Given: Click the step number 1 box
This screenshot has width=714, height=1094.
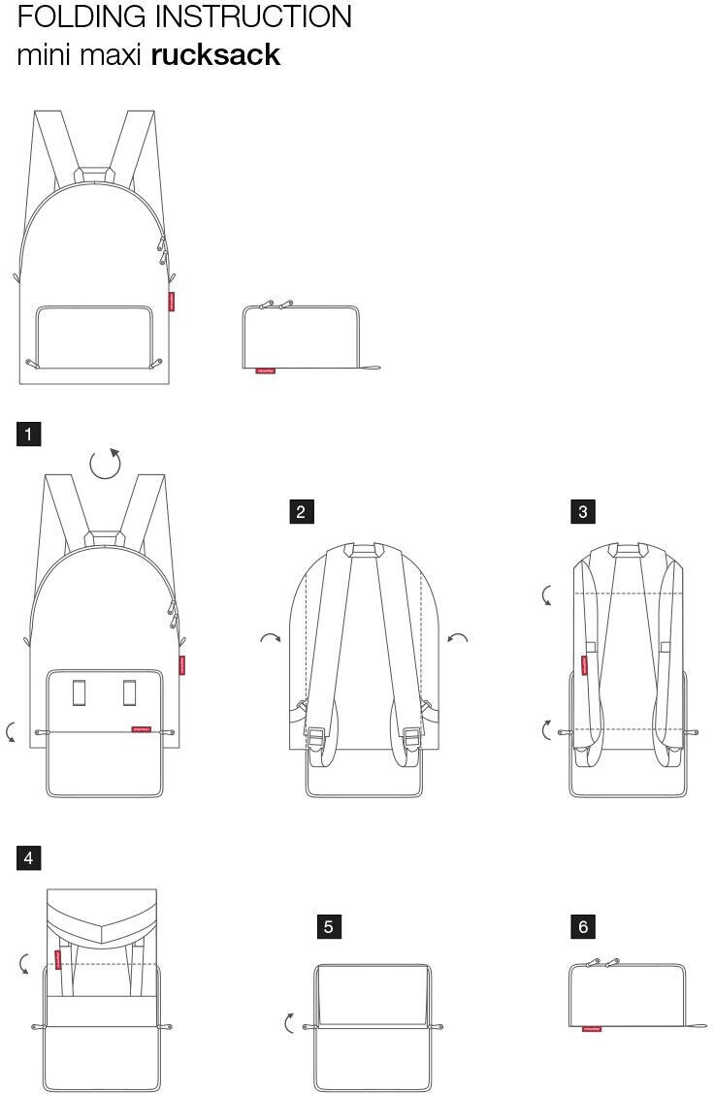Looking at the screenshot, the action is click(28, 434).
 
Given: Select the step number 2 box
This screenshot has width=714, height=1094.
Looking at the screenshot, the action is click(301, 512).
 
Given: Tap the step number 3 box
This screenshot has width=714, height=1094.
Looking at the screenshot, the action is click(582, 512).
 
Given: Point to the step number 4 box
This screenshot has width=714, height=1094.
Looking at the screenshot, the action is click(28, 857).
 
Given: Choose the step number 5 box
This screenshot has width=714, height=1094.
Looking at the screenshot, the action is click(328, 927).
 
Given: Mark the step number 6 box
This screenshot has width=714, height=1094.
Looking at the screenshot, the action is click(582, 927).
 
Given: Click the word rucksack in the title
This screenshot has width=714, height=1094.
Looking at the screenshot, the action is click(215, 55).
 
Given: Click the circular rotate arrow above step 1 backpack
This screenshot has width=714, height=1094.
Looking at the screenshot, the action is click(106, 464).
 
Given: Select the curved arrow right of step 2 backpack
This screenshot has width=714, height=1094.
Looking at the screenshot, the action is click(458, 638).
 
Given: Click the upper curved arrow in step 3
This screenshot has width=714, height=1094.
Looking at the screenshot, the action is click(548, 595).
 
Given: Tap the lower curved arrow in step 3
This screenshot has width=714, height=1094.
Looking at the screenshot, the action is click(548, 728).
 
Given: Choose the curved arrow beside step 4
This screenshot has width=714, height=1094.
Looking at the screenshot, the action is click(25, 963).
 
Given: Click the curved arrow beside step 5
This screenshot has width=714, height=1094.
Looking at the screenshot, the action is click(289, 1022).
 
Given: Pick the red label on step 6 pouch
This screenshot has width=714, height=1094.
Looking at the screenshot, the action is click(591, 1029).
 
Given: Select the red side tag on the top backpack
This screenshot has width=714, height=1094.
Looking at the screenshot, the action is click(172, 302).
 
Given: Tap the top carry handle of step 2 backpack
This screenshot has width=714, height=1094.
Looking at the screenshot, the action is click(364, 549).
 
